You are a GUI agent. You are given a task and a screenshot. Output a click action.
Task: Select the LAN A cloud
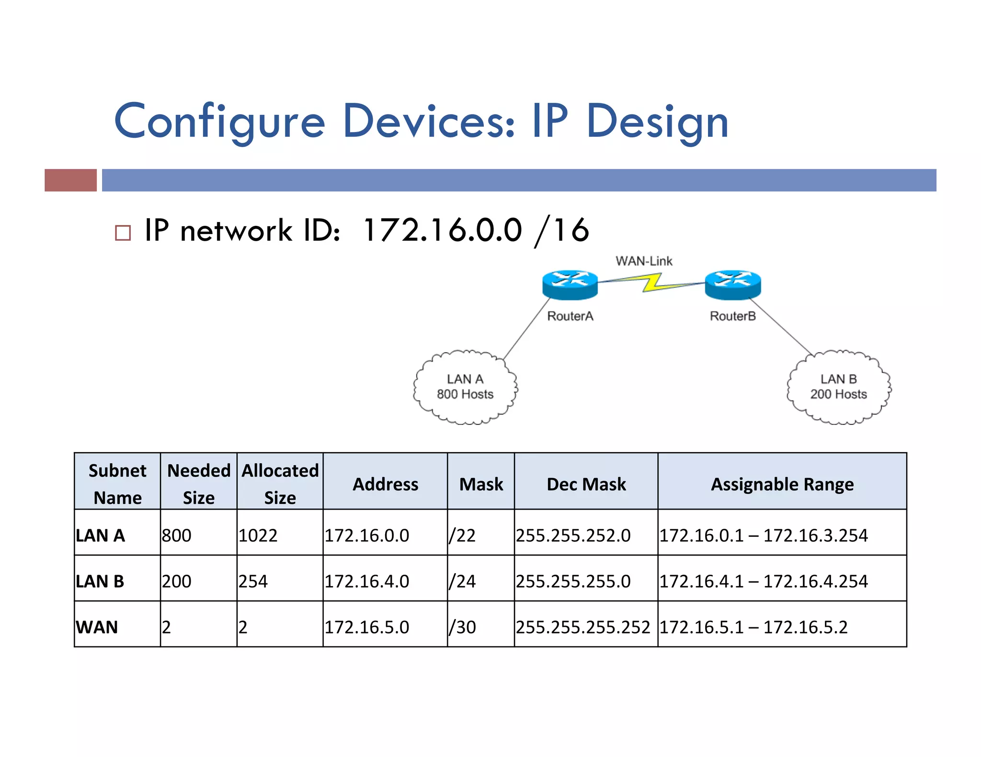465,387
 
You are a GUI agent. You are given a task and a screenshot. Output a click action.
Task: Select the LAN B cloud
839,387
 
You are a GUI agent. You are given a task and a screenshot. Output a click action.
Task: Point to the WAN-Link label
644,261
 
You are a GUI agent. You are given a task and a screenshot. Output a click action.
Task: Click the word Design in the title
657,122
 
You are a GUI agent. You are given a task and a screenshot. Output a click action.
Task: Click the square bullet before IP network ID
123,233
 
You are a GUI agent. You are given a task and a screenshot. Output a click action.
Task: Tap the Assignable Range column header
782,484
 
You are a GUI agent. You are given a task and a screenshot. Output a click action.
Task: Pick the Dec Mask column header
586,484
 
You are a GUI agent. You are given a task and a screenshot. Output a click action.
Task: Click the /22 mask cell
462,535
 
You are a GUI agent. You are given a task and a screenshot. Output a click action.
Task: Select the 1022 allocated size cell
258,535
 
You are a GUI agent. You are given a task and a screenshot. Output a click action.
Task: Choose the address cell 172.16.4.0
367,581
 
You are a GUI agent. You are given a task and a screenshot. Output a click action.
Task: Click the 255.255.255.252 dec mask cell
583,627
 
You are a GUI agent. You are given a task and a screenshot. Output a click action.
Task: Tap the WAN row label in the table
97,627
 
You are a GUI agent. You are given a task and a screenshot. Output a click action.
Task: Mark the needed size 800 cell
177,535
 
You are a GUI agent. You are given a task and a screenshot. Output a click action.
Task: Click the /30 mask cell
462,627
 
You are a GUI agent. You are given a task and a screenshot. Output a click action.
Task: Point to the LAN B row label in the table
100,581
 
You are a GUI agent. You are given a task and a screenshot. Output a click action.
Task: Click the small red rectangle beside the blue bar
70,180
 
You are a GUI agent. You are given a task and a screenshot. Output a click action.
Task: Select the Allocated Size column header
280,484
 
